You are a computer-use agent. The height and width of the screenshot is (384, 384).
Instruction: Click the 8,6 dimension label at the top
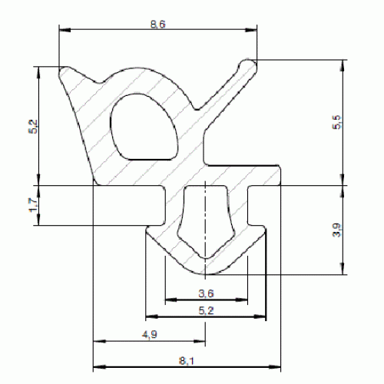click(158, 25)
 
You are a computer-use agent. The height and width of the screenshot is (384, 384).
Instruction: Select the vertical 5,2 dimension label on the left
click(33, 127)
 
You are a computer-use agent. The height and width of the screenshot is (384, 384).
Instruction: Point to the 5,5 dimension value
click(337, 122)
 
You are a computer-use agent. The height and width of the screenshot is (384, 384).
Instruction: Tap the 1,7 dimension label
click(33, 205)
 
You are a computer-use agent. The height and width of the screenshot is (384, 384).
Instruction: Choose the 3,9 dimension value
click(337, 230)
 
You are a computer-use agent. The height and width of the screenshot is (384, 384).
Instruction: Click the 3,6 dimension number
click(206, 293)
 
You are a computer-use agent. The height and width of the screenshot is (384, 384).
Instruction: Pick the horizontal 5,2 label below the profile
click(206, 310)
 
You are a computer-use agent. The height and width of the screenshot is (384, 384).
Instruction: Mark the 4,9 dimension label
click(150, 334)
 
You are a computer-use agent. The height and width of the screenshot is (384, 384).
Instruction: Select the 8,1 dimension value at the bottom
click(187, 361)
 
